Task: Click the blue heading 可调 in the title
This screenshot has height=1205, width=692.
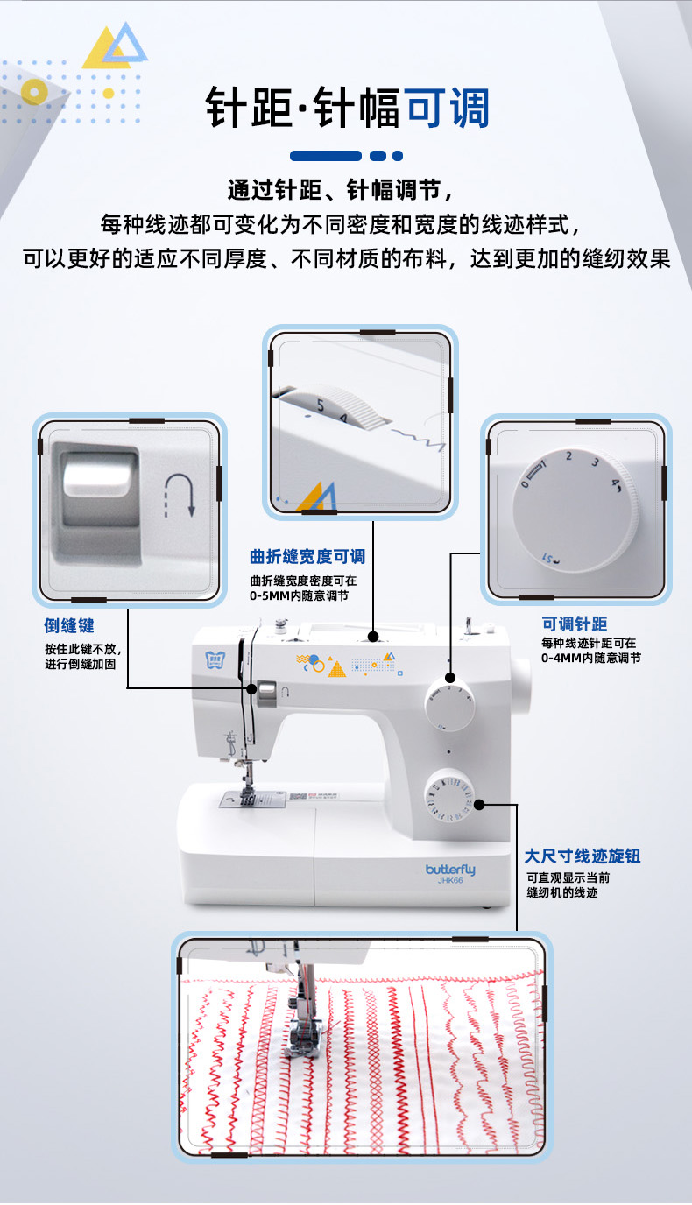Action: click(448, 108)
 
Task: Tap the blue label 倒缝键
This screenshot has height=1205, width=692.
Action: click(69, 625)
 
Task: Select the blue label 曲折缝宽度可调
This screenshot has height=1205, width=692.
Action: click(307, 556)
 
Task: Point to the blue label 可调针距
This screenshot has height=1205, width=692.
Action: click(574, 624)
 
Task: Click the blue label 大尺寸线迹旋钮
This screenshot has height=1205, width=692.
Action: click(583, 856)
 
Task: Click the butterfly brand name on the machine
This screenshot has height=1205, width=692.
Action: click(450, 870)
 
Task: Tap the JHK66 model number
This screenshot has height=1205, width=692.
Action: click(450, 880)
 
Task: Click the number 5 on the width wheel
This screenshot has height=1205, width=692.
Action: click(321, 405)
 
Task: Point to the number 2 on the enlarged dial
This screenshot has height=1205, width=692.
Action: click(568, 456)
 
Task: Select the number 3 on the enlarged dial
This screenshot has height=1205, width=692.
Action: click(595, 462)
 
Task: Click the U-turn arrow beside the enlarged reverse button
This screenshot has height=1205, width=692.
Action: click(180, 495)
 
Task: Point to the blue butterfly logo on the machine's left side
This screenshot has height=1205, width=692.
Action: click(215, 659)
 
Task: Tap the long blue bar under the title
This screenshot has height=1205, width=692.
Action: click(326, 156)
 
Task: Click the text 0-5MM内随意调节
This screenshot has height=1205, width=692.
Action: click(299, 595)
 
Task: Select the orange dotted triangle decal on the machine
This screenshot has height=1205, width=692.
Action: click(337, 669)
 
